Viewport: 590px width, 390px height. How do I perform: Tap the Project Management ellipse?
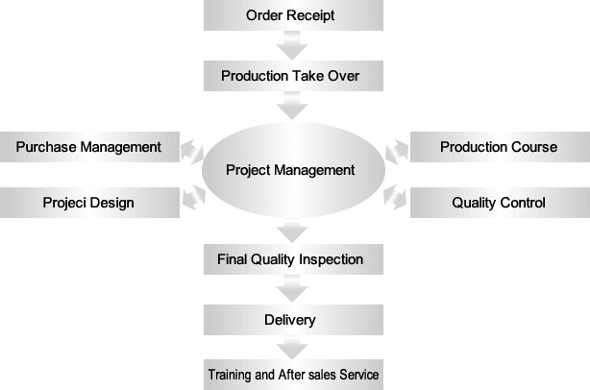pyautogui.click(x=290, y=171)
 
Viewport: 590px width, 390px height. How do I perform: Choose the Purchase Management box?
pyautogui.click(x=88, y=147)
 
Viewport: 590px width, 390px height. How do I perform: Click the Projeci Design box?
pyautogui.click(x=88, y=203)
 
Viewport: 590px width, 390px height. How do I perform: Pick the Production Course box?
pyautogui.click(x=499, y=147)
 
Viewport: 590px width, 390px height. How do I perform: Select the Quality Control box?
pyautogui.click(x=499, y=203)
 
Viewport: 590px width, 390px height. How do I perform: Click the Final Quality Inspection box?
pyautogui.click(x=290, y=258)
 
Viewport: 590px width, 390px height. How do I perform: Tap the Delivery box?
pyautogui.click(x=290, y=319)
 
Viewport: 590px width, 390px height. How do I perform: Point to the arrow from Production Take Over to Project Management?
pyautogui.click(x=290, y=106)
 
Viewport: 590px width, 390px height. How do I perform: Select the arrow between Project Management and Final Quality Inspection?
pyautogui.click(x=290, y=231)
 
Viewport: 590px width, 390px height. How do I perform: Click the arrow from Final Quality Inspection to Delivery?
pyautogui.click(x=290, y=289)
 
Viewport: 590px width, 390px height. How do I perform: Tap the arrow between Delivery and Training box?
pyautogui.click(x=290, y=347)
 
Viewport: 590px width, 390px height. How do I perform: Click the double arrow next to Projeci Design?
pyautogui.click(x=192, y=197)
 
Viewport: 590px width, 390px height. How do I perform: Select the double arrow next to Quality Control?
pyautogui.click(x=396, y=197)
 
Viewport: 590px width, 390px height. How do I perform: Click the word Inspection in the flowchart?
pyautogui.click(x=332, y=259)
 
